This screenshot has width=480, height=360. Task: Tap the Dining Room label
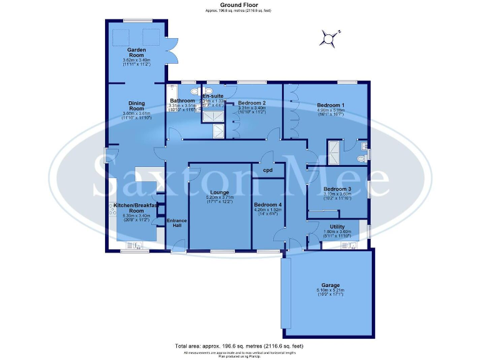[x=136, y=106]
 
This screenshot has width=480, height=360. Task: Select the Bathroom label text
[x=182, y=101]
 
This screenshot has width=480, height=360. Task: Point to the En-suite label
[x=213, y=96]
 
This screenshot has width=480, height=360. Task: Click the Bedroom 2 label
[x=252, y=102]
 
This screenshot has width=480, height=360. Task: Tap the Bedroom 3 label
[x=337, y=189]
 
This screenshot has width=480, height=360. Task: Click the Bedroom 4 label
[x=268, y=204]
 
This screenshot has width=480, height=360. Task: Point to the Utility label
[x=337, y=226]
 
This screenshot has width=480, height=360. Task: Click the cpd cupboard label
[x=267, y=170]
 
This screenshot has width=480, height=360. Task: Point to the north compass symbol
[x=329, y=38]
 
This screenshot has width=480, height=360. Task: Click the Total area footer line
[x=239, y=346]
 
